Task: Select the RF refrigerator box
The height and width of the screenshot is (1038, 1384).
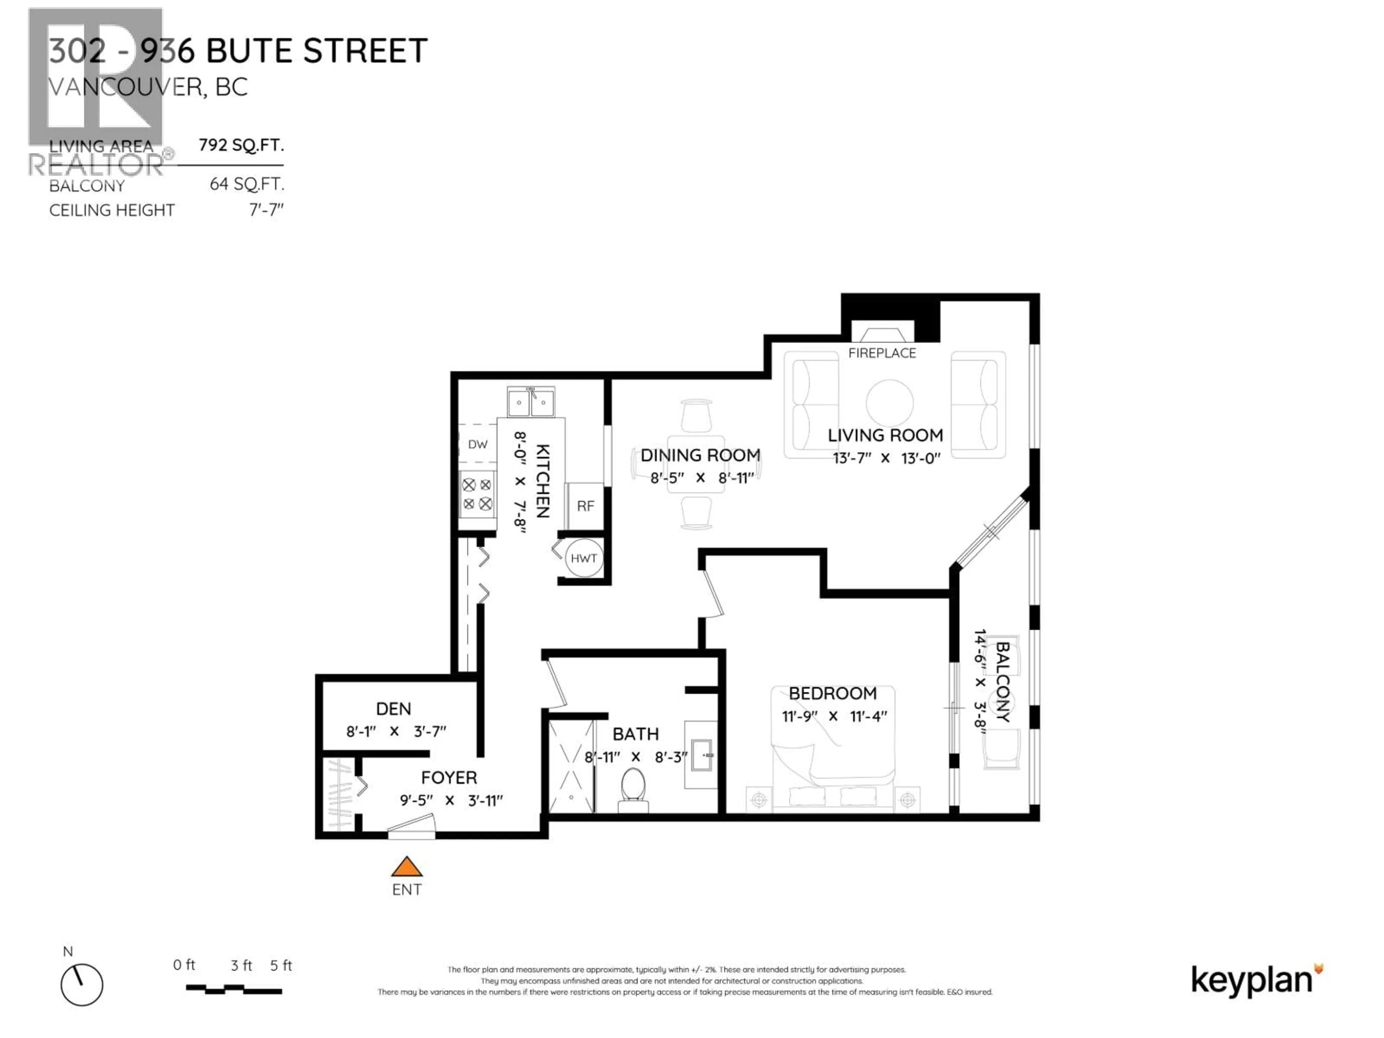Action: [x=585, y=506]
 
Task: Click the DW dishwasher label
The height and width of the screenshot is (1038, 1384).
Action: [x=478, y=444]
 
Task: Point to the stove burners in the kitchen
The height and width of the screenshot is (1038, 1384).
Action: [x=478, y=494]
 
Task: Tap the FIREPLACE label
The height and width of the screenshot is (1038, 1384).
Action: [x=882, y=353]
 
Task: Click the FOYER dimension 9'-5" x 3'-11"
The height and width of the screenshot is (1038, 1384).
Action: [x=451, y=800]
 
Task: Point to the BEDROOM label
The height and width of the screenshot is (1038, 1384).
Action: [x=832, y=693]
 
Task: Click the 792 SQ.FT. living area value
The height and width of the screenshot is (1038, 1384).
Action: [x=241, y=145]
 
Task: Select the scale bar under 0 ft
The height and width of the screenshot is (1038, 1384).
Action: [x=234, y=990]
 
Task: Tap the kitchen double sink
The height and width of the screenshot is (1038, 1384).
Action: [x=531, y=402]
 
